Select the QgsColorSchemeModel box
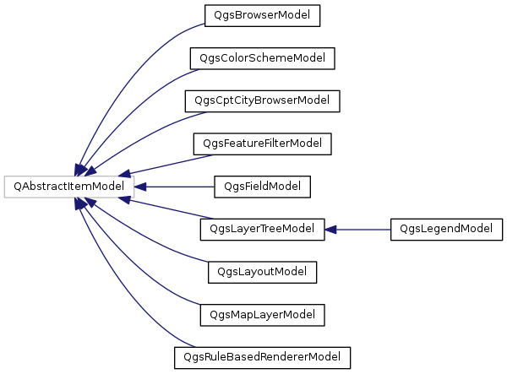(263, 57)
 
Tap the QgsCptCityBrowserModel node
(262, 101)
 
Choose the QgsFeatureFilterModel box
(262, 144)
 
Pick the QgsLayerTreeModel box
(262, 229)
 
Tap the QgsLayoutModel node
(262, 272)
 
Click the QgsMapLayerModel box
(262, 315)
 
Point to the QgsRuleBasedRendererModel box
(261, 357)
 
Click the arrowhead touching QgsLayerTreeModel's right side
(332, 229)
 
